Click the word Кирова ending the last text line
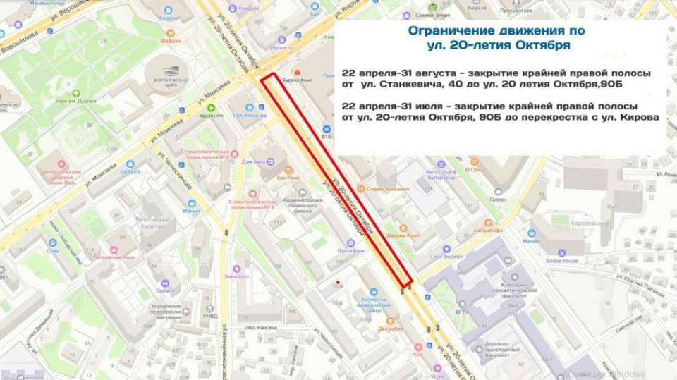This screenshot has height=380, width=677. (640, 117)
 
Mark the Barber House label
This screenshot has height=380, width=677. (562, 261)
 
